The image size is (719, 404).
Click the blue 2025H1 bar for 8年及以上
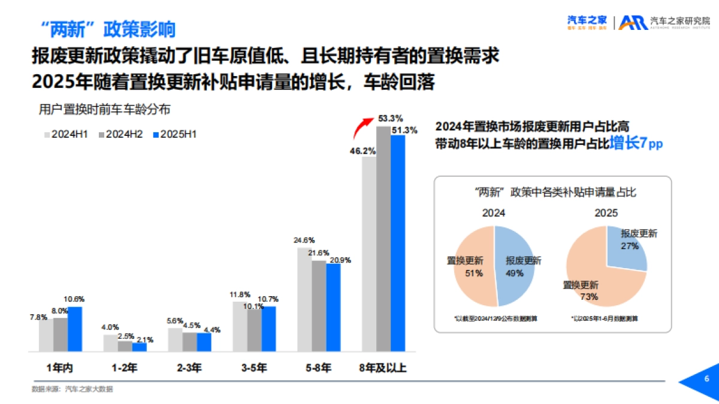pos(398,242)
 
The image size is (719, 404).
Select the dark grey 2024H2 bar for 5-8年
pos(319,305)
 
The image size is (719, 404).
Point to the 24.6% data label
pos(304,240)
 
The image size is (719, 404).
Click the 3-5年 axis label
pos(254,369)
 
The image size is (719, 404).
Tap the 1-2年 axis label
pos(125,369)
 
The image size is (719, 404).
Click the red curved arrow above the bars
pos(361,127)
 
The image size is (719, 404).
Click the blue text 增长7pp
pos(636,144)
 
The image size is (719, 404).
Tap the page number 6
pos(706,379)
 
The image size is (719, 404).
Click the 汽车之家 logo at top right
pos(587,22)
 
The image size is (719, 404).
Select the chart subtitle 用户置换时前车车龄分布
pos(105,110)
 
